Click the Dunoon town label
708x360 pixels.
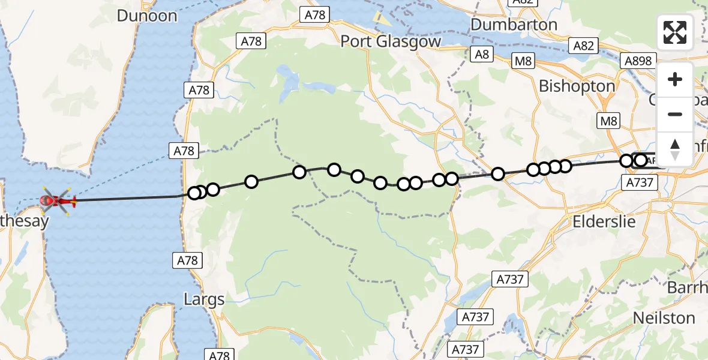tap(147, 16)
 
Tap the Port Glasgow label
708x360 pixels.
tap(391, 41)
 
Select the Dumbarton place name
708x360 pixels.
tap(514, 25)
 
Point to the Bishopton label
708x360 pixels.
tap(577, 86)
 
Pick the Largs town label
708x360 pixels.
tap(205, 299)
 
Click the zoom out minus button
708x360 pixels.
tap(675, 114)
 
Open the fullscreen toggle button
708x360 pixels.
tap(675, 32)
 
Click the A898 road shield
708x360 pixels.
tap(638, 61)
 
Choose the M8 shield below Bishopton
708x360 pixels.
tap(609, 122)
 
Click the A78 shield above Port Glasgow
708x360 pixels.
tap(315, 16)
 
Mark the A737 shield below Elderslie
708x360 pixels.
tap(510, 278)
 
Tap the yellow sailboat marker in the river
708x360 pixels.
tap(378, 18)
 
